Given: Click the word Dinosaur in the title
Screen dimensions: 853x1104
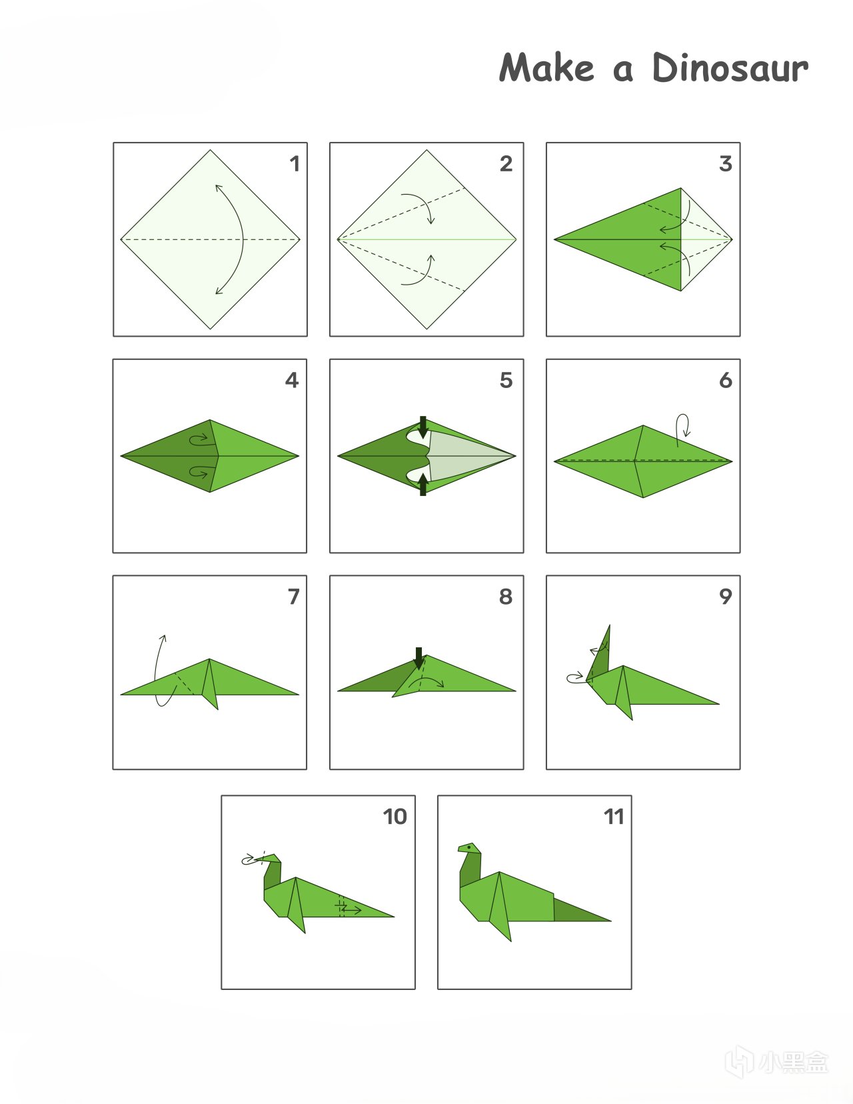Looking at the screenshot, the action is click(730, 67).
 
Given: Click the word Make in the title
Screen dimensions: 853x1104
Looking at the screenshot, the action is click(546, 67).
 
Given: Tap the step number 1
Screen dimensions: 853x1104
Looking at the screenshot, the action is click(295, 164).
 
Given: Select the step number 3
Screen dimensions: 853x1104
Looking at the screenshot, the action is click(726, 163).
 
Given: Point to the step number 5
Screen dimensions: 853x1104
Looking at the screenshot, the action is click(506, 380).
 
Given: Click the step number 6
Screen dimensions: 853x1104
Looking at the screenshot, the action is click(726, 380).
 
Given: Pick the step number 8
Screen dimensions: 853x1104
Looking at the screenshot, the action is click(506, 597).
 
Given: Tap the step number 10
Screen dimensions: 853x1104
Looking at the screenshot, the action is click(395, 817).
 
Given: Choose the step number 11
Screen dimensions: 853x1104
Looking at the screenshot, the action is click(613, 817).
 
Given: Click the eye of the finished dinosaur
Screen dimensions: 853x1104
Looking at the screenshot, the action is click(470, 847).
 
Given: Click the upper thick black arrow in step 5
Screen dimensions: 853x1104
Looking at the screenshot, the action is click(423, 427).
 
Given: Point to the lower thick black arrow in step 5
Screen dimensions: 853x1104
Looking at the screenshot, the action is click(423, 485).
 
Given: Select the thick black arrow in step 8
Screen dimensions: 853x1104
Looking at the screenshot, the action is click(419, 659).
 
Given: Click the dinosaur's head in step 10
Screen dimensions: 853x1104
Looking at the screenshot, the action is click(269, 859).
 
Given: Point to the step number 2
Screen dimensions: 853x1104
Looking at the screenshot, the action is click(506, 163).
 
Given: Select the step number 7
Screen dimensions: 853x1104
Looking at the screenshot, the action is click(294, 597).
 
